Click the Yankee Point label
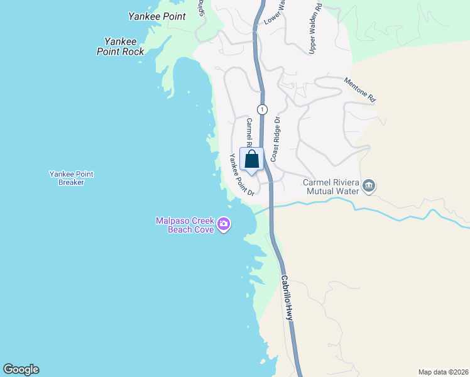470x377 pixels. click(157, 16)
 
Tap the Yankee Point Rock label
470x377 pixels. click(121, 46)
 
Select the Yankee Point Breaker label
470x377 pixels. click(67, 178)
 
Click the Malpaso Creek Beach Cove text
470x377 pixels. click(185, 224)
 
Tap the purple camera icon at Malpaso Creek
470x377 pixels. click(224, 224)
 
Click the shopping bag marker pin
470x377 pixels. click(251, 160)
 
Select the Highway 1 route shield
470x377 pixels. click(262, 109)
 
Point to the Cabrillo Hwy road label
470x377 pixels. click(287, 298)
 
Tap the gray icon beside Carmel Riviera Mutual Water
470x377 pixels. click(369, 185)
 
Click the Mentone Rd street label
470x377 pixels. click(360, 90)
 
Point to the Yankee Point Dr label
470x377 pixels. click(241, 174)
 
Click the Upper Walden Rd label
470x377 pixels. click(315, 28)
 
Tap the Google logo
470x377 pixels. click(21, 369)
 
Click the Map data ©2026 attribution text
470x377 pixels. click(443, 371)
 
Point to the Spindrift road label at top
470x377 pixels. click(202, 8)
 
